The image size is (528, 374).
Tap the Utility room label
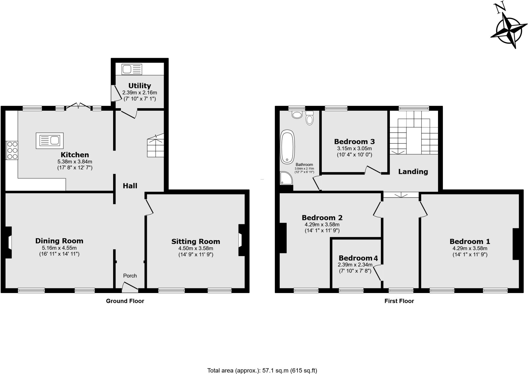point(139,85)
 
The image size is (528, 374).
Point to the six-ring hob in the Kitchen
point(12,150)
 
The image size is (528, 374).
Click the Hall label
point(130,186)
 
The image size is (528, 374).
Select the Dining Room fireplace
point(8,242)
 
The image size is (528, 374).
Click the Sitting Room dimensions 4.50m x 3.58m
point(196,248)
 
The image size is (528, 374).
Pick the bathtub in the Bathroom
point(287,147)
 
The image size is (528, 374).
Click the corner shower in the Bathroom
point(286,178)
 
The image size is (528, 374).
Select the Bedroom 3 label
point(354,141)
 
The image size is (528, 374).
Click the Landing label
point(413,171)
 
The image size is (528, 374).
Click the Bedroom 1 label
point(470,241)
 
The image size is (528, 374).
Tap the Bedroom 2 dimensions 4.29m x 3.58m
point(322,225)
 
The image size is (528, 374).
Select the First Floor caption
point(399,301)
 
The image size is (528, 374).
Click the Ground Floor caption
point(125,301)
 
